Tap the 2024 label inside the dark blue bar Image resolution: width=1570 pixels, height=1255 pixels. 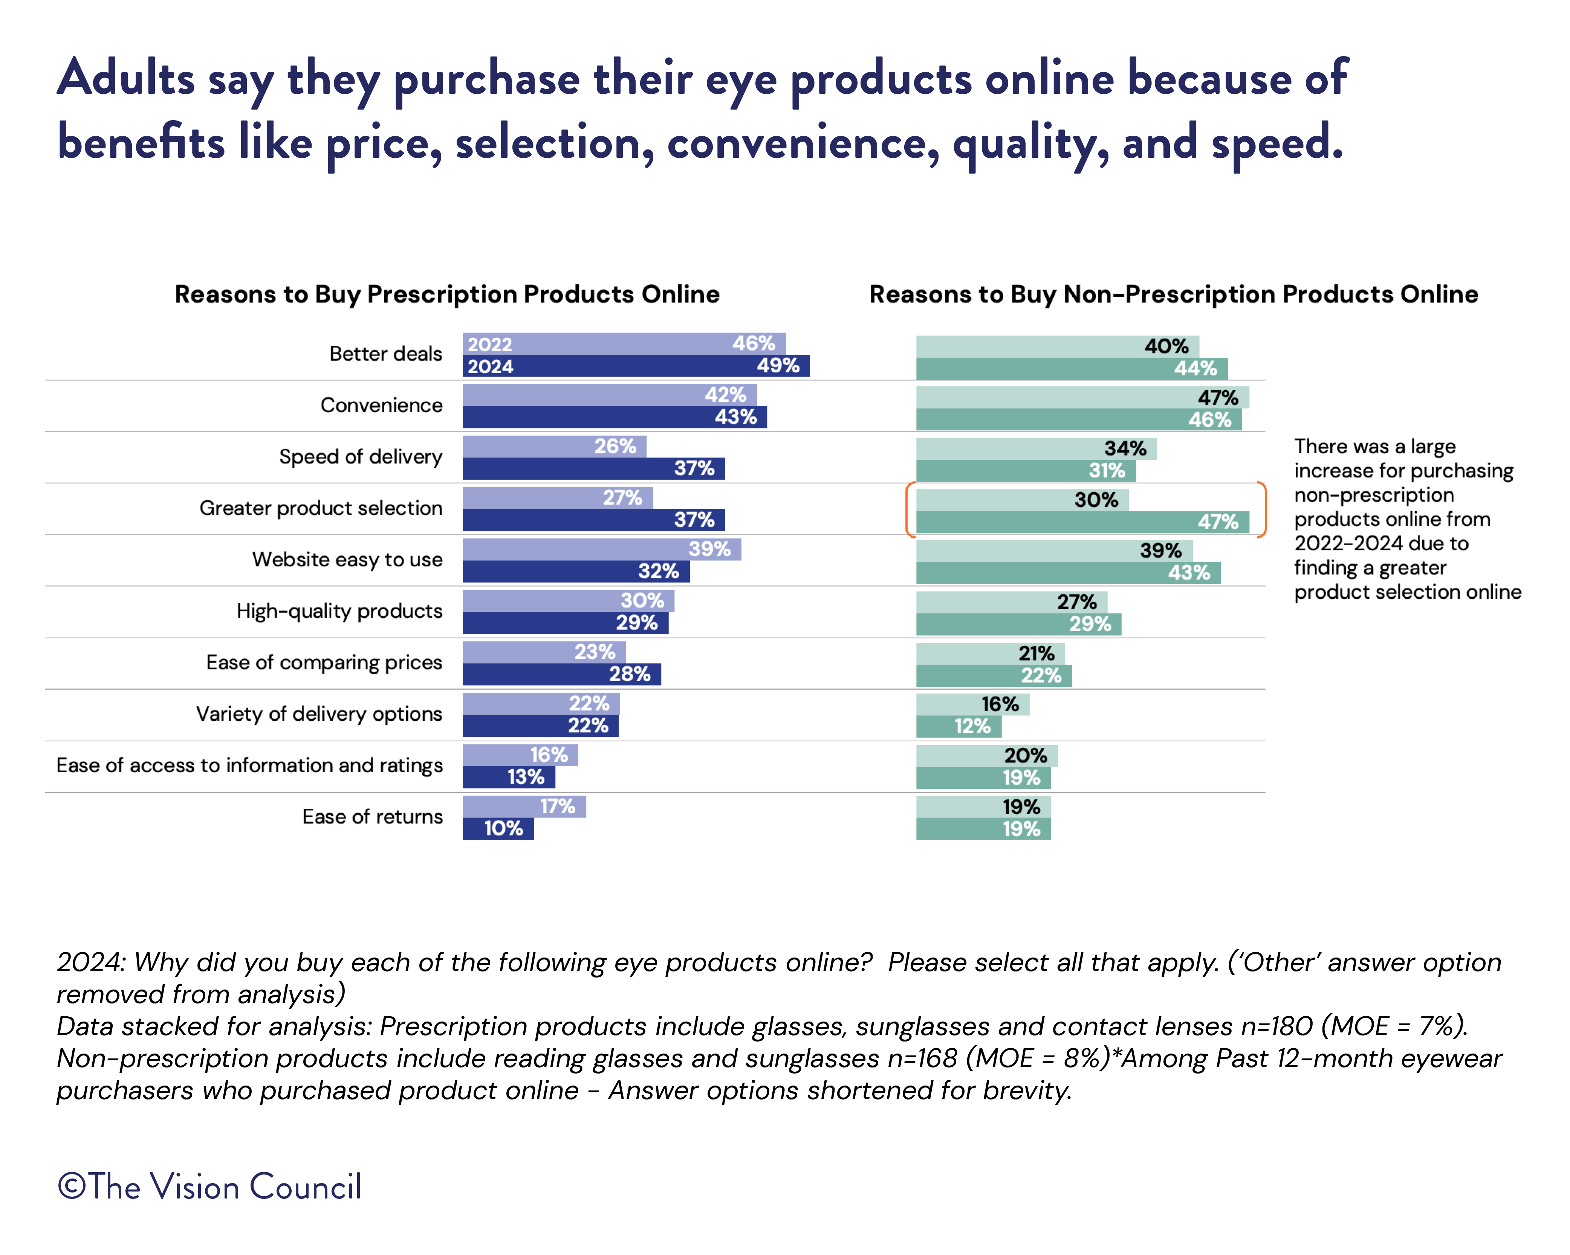pos(490,366)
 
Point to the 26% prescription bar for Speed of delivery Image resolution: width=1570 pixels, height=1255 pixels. pos(553,446)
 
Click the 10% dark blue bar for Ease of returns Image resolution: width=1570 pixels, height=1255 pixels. pos(498,828)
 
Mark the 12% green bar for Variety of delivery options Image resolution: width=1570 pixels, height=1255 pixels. pos(958,726)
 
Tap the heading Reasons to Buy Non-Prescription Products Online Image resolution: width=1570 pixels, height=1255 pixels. pos(1173,294)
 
